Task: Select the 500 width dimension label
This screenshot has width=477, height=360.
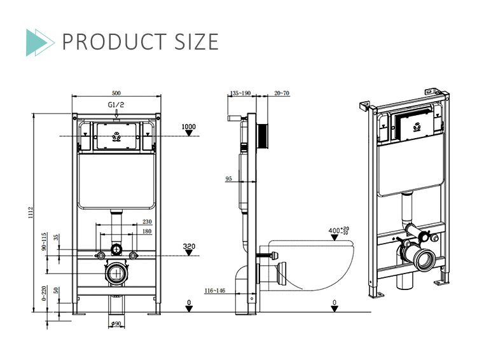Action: [115, 92]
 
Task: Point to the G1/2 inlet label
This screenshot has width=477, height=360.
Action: [115, 104]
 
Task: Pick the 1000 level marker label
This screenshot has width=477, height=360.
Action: [188, 127]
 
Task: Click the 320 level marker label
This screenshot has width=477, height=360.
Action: [188, 246]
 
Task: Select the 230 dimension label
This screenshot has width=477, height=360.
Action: [148, 222]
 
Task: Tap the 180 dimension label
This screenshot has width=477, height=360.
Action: [148, 232]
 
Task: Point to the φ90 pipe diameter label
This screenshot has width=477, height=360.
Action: [116, 324]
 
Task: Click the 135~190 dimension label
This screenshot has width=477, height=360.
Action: [240, 93]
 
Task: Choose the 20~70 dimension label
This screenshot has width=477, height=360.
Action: [281, 93]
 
